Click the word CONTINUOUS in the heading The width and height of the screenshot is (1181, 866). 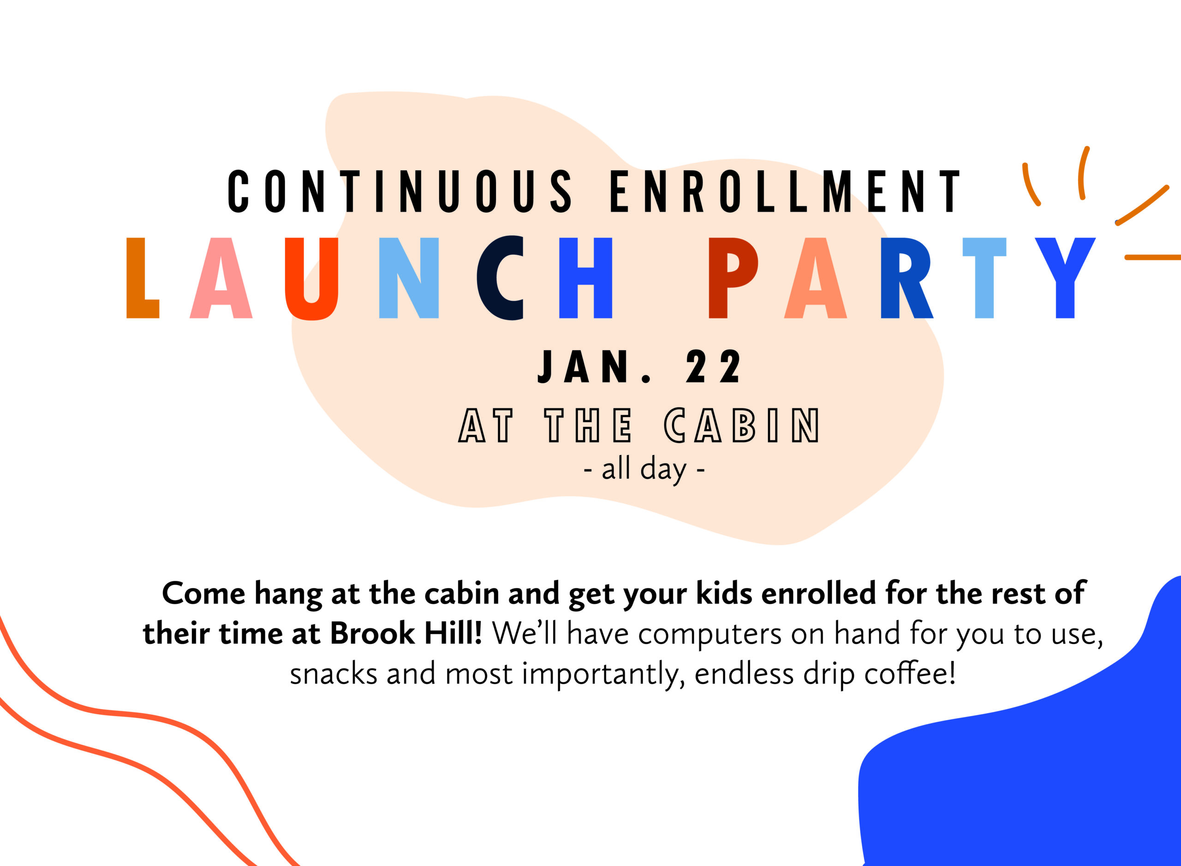point(400,191)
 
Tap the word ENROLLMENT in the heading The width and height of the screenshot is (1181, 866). point(785,191)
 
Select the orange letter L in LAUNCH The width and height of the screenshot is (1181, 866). point(143,278)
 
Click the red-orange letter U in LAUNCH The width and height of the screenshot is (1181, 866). point(311,278)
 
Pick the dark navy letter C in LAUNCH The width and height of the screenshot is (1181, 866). point(500,278)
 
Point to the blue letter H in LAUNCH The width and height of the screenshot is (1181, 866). point(585,278)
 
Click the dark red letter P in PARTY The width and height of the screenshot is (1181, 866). point(733,278)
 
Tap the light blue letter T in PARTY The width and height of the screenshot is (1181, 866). point(984,278)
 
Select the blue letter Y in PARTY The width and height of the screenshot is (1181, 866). point(1065,278)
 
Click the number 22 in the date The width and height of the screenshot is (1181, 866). point(713,367)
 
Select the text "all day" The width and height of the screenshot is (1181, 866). point(644,470)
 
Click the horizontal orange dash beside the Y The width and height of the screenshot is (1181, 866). point(1153,257)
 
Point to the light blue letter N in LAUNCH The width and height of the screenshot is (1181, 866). point(408,278)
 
